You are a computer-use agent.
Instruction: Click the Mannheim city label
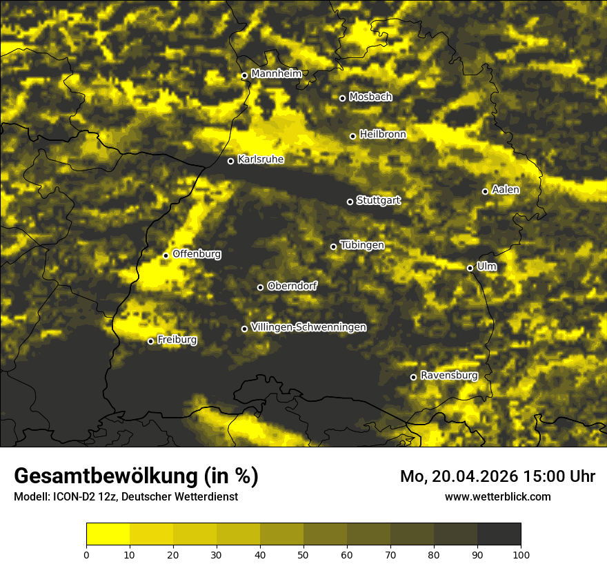(x=276, y=74)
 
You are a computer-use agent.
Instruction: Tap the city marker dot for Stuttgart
(x=350, y=202)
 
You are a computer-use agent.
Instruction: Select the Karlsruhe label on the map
(x=260, y=159)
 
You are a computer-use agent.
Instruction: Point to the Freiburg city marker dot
(x=150, y=341)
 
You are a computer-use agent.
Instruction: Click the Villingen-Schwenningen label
(x=308, y=327)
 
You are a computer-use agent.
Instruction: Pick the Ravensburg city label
(x=448, y=376)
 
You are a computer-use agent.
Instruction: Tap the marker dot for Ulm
(x=470, y=268)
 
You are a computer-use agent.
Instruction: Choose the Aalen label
(x=506, y=190)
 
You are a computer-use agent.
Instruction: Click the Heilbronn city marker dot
(x=352, y=136)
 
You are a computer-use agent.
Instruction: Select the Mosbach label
(x=370, y=97)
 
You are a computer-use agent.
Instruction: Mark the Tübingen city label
(x=361, y=245)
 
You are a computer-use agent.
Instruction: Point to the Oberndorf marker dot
(x=260, y=287)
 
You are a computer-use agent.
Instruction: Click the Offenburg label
(x=197, y=254)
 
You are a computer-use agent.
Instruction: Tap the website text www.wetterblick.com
(x=497, y=496)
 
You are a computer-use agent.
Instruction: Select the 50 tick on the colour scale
(x=303, y=554)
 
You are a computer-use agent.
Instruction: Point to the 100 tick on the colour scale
(x=521, y=554)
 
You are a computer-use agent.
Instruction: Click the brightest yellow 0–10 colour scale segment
(x=108, y=534)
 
